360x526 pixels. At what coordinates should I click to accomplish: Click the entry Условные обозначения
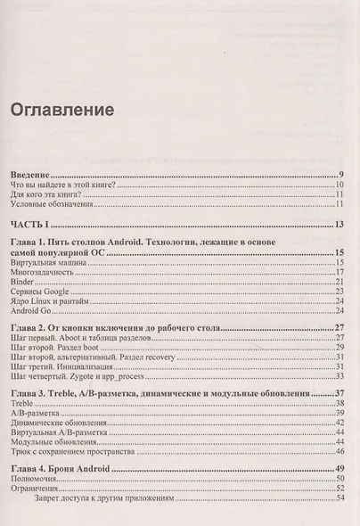(x=51, y=205)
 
